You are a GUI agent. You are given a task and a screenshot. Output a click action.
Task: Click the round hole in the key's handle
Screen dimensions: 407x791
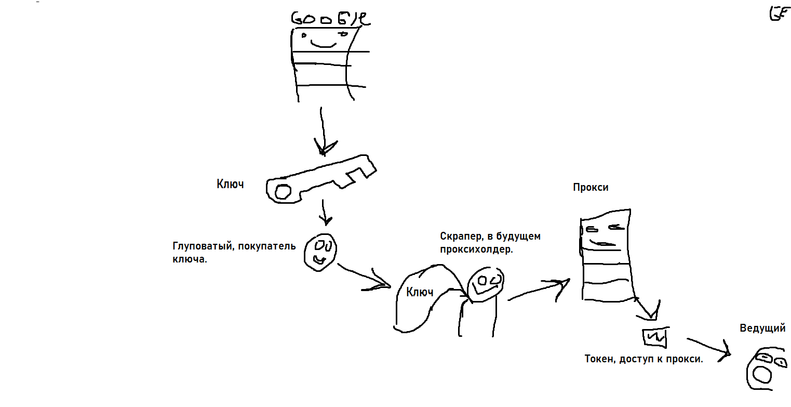[283, 192]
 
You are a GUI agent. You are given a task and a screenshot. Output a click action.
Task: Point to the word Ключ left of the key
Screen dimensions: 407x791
[230, 184]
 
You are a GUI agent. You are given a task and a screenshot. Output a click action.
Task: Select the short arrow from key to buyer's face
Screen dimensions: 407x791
[325, 212]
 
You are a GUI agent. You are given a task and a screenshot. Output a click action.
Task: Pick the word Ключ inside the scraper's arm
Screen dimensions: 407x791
[420, 292]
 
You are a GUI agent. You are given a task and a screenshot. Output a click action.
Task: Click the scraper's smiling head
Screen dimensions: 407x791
[485, 283]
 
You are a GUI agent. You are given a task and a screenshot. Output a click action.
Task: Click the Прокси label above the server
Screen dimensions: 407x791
[591, 188]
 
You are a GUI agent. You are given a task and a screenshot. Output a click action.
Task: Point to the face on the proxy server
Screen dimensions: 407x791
[602, 234]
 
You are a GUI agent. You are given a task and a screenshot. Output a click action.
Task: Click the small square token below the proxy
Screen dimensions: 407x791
[654, 337]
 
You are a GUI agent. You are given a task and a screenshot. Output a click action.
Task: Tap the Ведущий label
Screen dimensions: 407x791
[762, 328]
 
